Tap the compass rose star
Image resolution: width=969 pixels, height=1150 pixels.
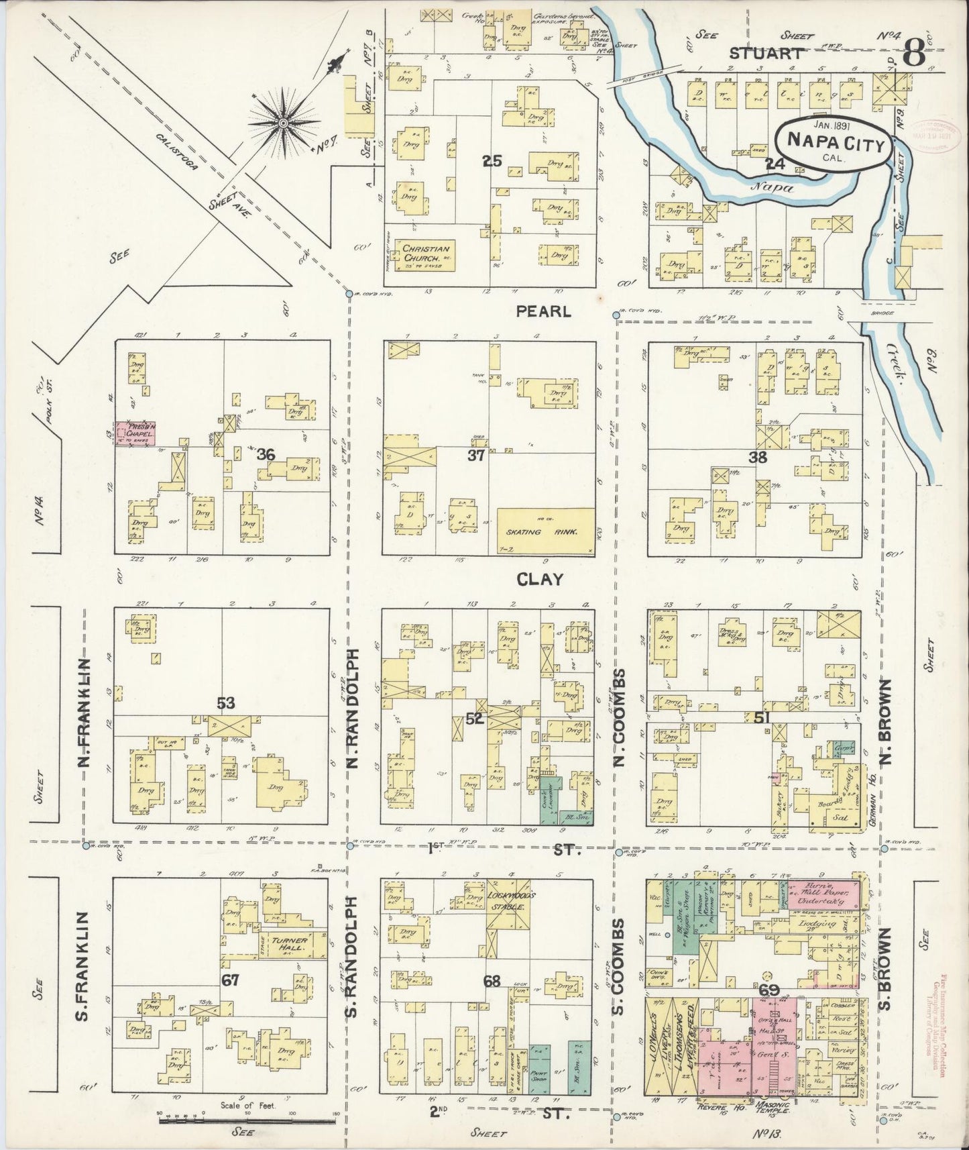pos(284,123)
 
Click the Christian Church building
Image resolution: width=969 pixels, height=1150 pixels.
pos(425,254)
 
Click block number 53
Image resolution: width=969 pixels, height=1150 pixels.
pos(225,702)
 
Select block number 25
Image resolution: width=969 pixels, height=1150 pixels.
pos(493,161)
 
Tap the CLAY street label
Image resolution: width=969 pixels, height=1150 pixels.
pos(539,579)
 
